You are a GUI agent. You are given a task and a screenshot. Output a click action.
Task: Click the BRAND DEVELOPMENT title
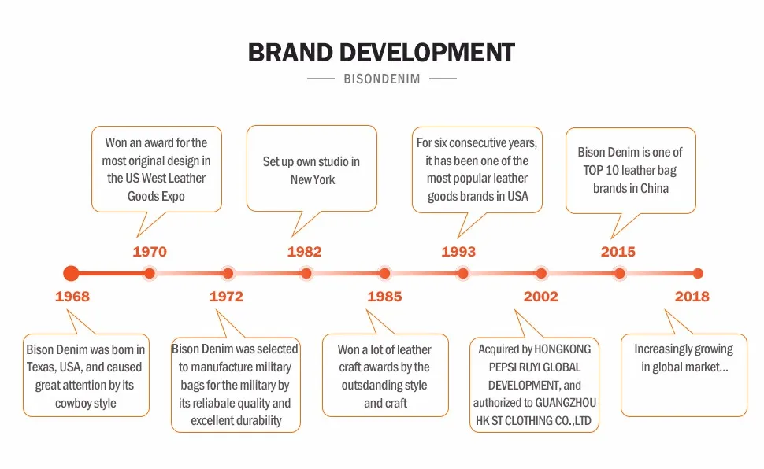point(381,53)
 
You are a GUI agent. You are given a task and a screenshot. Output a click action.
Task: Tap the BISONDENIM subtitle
point(382,79)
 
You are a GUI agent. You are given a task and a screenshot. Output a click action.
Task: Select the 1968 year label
point(72,296)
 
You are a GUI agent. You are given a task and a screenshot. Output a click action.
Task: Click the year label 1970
point(150,251)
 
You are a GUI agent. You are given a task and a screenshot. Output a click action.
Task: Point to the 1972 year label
point(226,296)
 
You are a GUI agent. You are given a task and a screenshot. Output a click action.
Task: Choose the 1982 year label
point(305,251)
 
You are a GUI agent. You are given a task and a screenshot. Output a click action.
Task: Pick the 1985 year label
point(384,296)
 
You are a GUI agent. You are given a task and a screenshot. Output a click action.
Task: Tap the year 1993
point(458,251)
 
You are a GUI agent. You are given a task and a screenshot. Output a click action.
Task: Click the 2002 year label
point(541,296)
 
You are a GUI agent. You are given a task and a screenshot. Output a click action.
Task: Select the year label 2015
point(618,251)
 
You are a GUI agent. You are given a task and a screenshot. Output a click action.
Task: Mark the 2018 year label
point(692,296)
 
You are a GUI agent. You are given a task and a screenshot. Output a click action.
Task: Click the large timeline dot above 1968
point(71,273)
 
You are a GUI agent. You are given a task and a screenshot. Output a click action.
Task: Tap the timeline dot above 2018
point(698,273)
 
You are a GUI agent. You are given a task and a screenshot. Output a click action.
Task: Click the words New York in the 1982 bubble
point(313,179)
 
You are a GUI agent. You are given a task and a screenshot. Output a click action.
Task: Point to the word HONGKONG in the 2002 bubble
point(563,349)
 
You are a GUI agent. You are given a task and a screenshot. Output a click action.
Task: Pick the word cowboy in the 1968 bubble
point(71,404)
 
